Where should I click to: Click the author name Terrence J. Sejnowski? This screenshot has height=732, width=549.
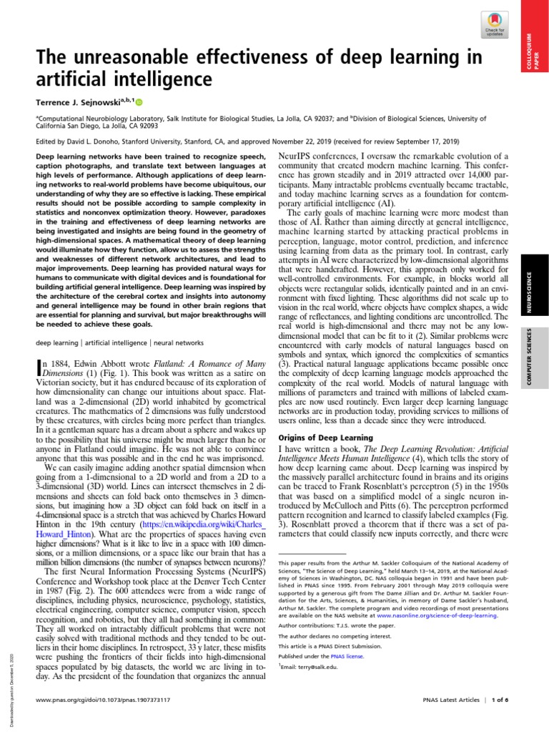[76, 102]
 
